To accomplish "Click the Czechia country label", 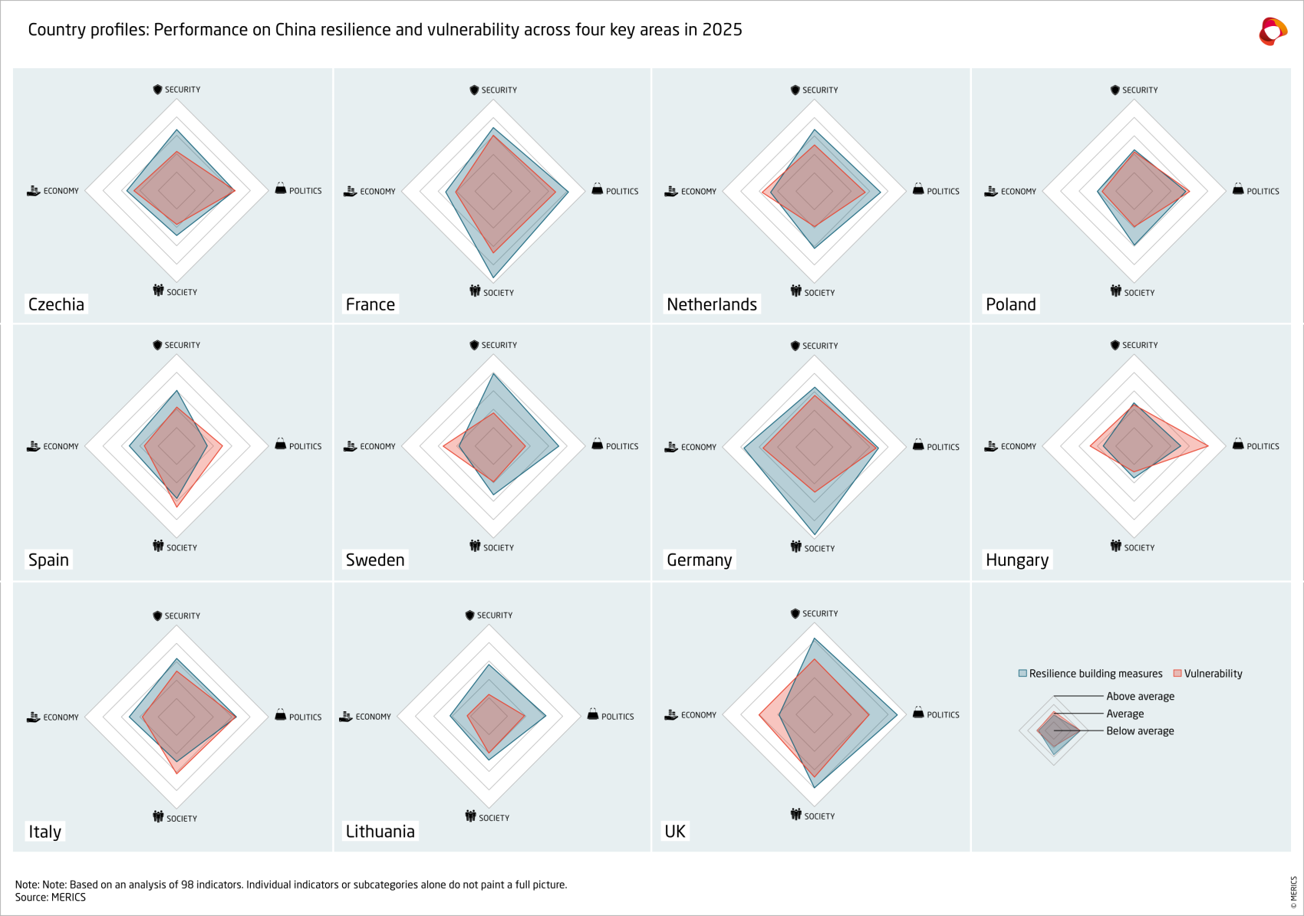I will pyautogui.click(x=56, y=304).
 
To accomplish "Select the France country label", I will pyautogui.click(x=370, y=304).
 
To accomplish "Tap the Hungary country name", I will pyautogui.click(x=1016, y=560).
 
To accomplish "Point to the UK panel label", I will pyautogui.click(x=675, y=832).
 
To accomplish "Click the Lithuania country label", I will pyautogui.click(x=380, y=832).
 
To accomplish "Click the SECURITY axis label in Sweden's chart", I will pyautogui.click(x=499, y=345).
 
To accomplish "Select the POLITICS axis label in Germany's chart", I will pyautogui.click(x=943, y=447).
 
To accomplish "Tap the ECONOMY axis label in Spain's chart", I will pyautogui.click(x=61, y=446).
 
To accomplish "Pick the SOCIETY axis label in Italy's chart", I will pyautogui.click(x=182, y=819).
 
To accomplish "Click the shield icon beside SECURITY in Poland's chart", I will pyautogui.click(x=1115, y=90).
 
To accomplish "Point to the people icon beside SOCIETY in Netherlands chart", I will pyautogui.click(x=796, y=291).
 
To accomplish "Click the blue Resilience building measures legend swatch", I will pyautogui.click(x=1022, y=673).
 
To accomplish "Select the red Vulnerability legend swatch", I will pyautogui.click(x=1177, y=673).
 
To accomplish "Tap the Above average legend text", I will pyautogui.click(x=1140, y=696).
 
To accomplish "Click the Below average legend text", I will pyautogui.click(x=1140, y=731).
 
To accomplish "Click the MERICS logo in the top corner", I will pyautogui.click(x=1273, y=31).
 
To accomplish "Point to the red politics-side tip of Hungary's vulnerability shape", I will pyautogui.click(x=1207, y=445).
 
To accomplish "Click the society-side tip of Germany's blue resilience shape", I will pyautogui.click(x=815, y=534).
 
